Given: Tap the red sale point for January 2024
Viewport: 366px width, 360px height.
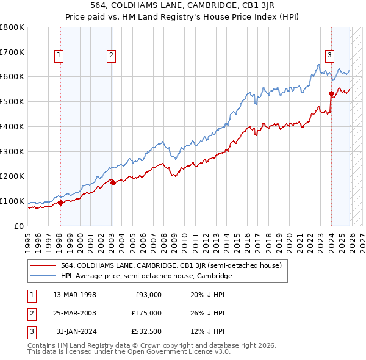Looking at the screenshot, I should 331,93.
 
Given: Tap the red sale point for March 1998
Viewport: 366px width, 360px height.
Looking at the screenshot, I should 60,203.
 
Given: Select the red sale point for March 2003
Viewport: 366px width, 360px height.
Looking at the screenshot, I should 113,182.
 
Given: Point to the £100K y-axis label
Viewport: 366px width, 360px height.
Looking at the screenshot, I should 12,201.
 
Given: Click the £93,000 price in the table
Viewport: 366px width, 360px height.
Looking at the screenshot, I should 148,295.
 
